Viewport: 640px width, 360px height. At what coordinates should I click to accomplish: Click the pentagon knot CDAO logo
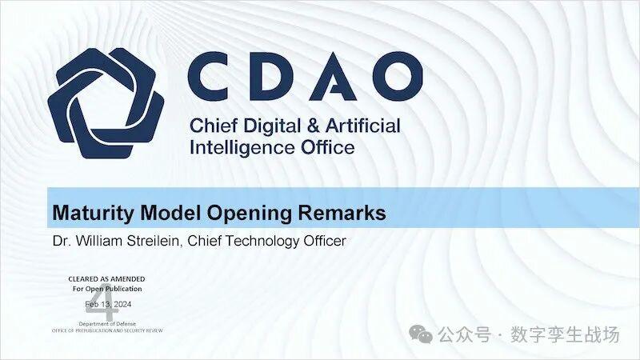coord(106,104)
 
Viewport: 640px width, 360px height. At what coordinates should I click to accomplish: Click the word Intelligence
coord(245,148)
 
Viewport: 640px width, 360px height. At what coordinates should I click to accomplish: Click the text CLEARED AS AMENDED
coord(106,279)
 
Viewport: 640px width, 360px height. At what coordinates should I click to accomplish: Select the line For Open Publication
coord(106,289)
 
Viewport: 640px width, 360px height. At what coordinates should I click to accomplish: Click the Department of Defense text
coord(106,322)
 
